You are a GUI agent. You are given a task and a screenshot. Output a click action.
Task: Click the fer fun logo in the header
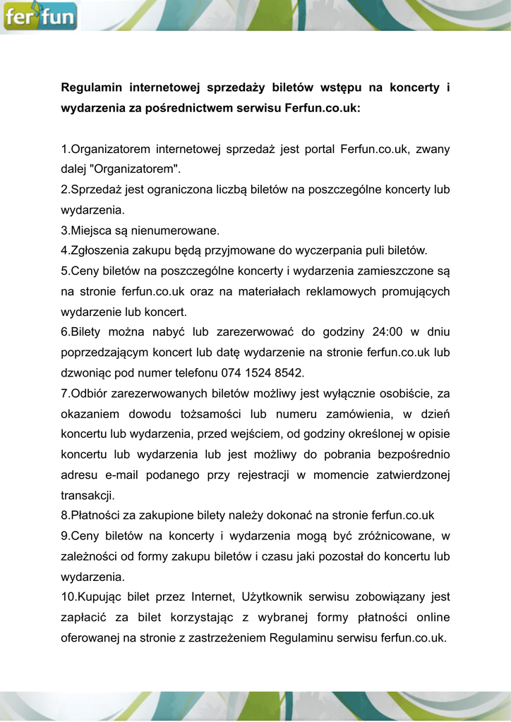click(x=40, y=16)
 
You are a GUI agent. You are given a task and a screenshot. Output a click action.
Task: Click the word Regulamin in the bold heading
click(x=92, y=88)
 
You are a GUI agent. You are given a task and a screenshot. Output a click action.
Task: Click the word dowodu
click(x=169, y=414)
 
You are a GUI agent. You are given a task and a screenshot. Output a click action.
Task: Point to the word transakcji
click(x=88, y=495)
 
